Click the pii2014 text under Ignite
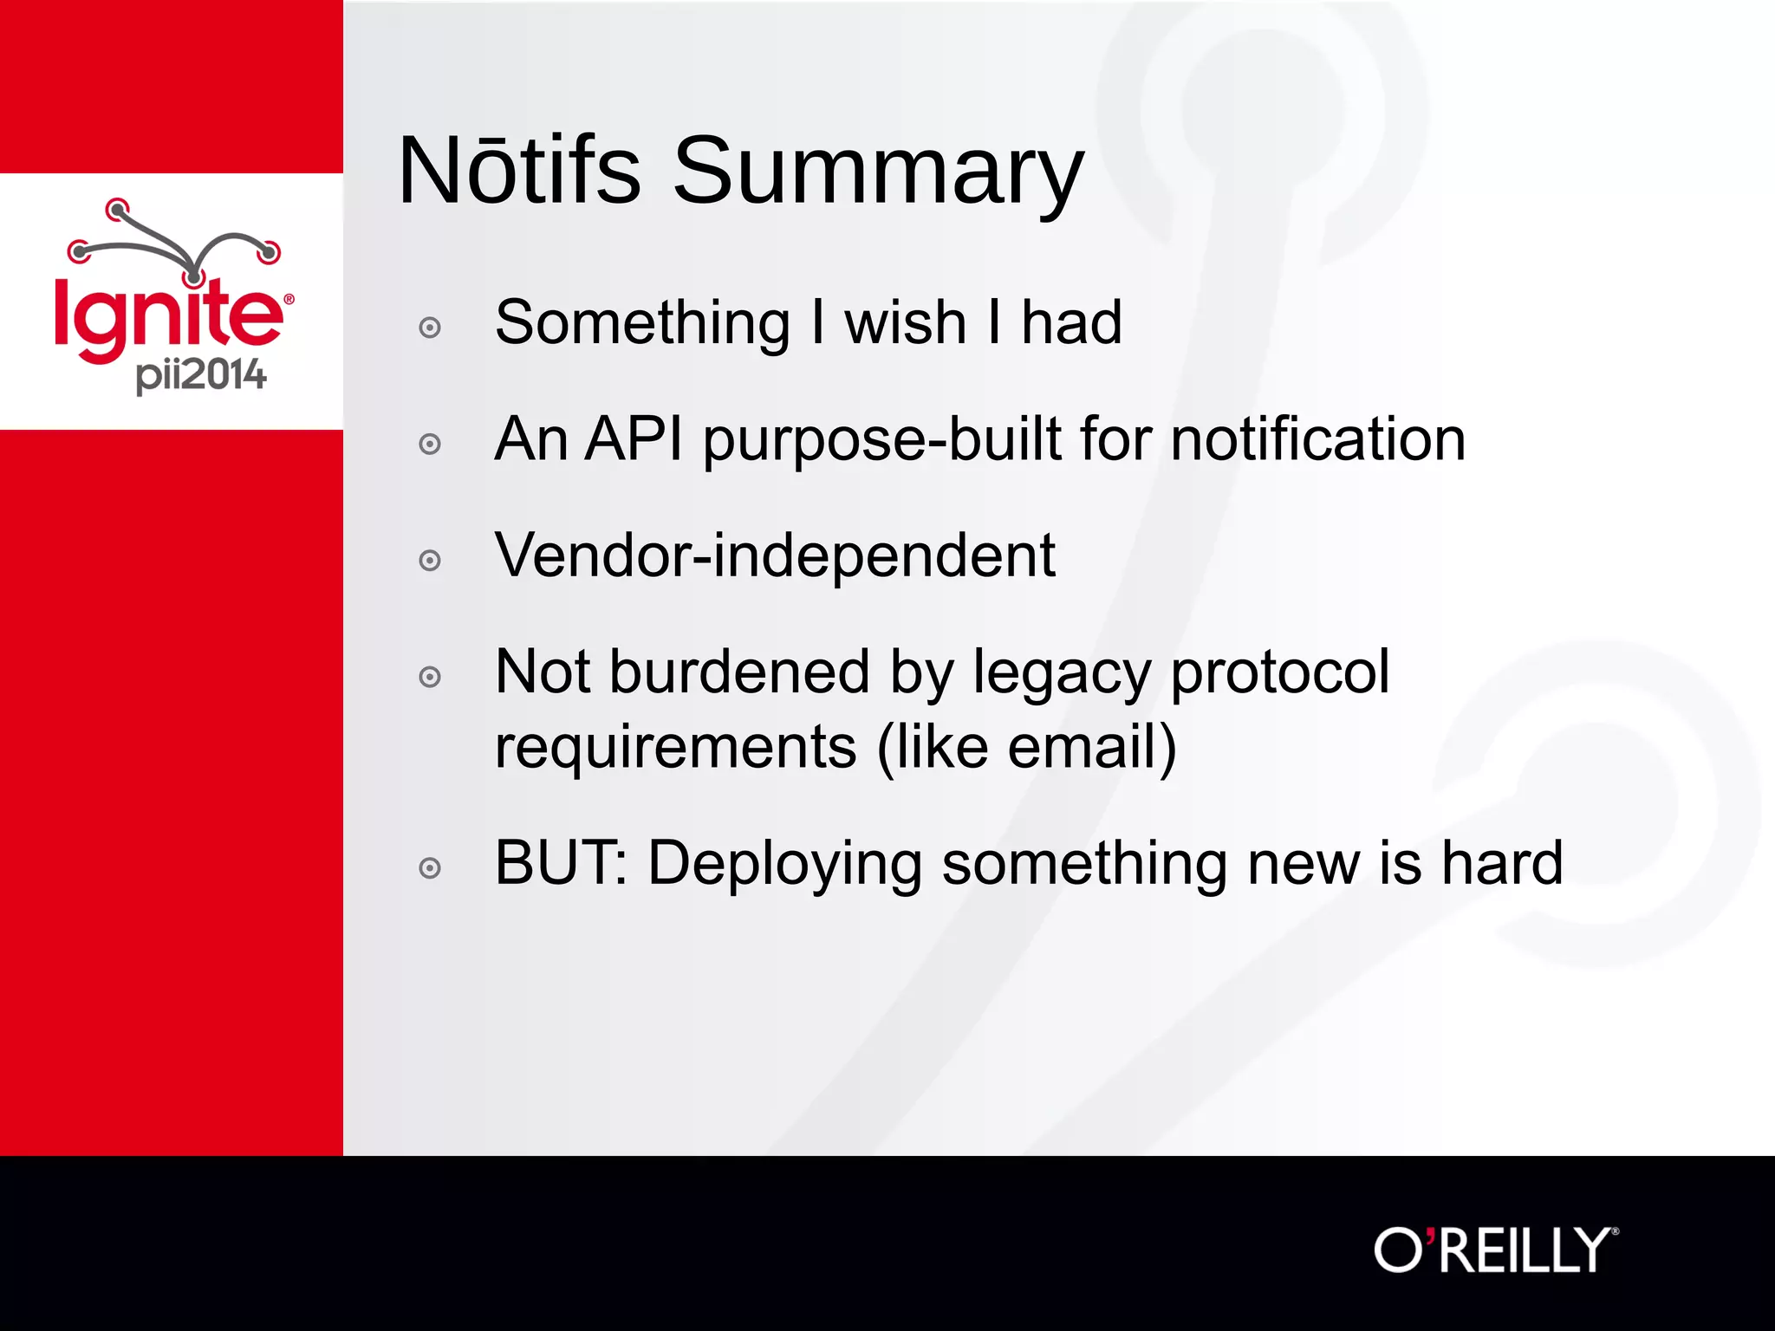201,375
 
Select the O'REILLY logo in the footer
1495,1250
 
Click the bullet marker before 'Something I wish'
430,328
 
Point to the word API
634,439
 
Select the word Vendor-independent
774,555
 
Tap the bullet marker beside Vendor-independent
430,561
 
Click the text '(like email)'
1026,747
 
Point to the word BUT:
560,863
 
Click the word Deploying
784,865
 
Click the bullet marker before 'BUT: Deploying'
430,867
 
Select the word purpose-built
881,441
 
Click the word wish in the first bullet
905,323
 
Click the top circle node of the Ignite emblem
117,209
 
